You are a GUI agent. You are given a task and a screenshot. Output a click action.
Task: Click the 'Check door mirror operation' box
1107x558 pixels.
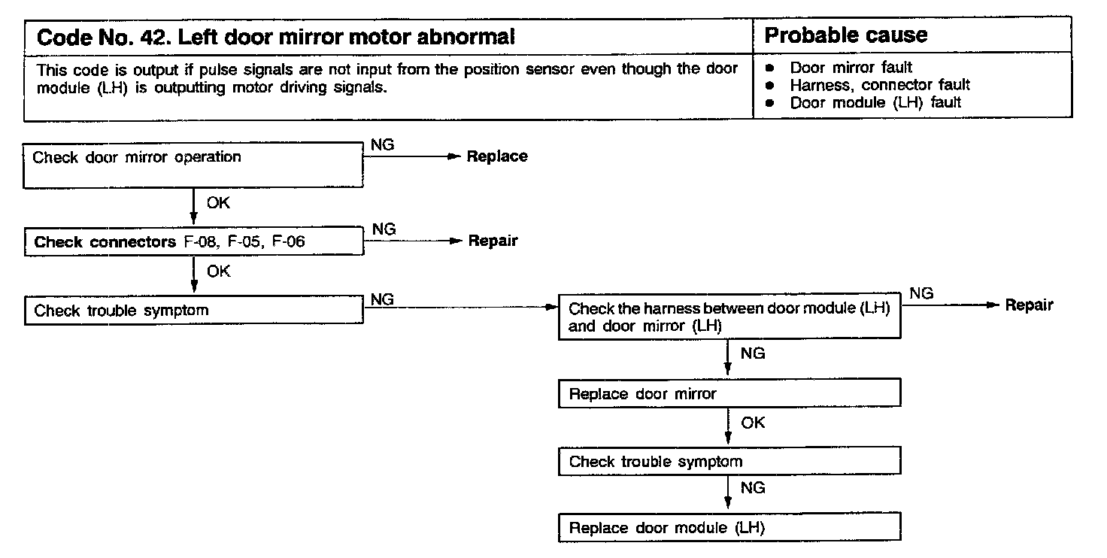point(194,166)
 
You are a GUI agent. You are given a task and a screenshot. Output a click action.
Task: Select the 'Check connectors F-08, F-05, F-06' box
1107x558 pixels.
point(194,242)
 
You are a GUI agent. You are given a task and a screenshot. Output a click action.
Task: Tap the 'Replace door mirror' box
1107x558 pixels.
point(729,393)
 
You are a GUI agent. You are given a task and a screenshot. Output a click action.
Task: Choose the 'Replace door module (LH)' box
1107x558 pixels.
point(729,527)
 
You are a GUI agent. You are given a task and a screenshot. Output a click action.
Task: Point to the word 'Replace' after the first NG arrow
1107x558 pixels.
point(497,156)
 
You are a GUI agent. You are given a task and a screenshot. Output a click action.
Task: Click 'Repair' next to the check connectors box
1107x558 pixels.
point(493,241)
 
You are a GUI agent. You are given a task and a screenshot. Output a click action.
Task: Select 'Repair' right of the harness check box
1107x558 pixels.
point(1029,305)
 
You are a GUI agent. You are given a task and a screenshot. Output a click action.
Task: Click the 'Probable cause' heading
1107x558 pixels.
point(845,35)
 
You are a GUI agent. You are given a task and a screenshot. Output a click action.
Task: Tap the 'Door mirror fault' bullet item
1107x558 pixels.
point(851,68)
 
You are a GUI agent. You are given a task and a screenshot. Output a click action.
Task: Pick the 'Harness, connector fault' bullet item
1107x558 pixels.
point(879,85)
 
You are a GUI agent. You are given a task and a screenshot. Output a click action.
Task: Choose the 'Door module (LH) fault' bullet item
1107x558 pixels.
point(875,102)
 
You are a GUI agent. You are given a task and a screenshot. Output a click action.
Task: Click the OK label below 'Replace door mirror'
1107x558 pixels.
point(752,423)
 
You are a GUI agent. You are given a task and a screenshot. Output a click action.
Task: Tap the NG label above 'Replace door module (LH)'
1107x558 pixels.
point(752,488)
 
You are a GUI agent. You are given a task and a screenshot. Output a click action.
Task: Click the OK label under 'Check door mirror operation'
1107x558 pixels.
point(218,203)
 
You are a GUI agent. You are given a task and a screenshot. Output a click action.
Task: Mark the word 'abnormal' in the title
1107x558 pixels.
point(467,37)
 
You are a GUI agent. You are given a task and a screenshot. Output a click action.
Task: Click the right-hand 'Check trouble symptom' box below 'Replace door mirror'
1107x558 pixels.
point(729,461)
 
